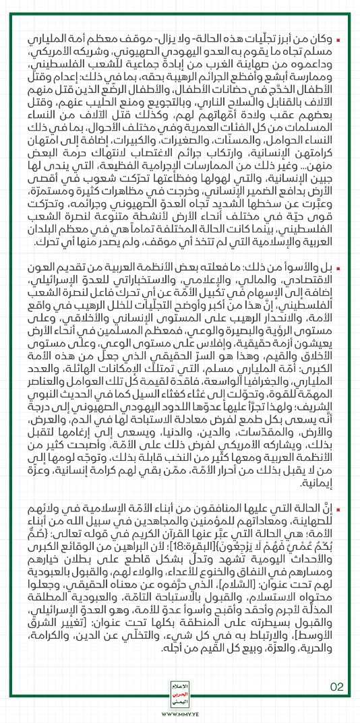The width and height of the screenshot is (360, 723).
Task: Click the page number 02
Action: pyautogui.click(x=336, y=667)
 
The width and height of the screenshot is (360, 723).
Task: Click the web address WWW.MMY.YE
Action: pyautogui.click(x=180, y=712)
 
